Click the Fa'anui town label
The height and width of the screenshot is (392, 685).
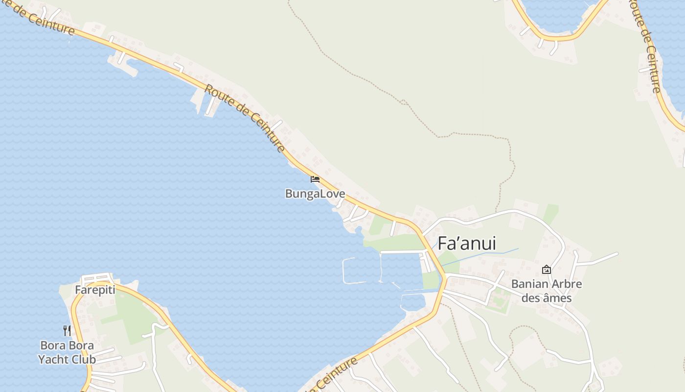(x=466, y=244)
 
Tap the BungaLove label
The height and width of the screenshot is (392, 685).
(x=315, y=194)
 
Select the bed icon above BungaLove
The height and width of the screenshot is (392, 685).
(x=315, y=179)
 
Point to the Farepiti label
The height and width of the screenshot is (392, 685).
(x=95, y=290)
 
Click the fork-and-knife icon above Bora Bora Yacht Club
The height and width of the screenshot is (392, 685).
(x=67, y=331)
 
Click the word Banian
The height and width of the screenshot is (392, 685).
(x=530, y=284)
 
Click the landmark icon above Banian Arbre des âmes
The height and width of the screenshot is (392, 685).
(x=547, y=269)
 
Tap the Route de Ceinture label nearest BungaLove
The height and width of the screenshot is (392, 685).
(x=245, y=118)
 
